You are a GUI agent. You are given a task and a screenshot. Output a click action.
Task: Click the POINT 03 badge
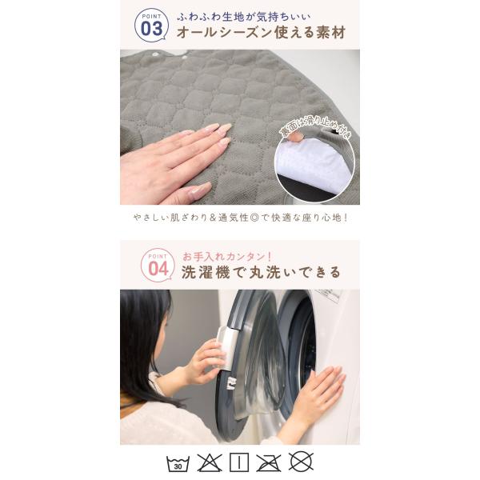151,25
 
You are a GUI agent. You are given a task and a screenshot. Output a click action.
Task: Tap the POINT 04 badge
158,265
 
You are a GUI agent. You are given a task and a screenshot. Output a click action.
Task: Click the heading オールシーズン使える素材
261,33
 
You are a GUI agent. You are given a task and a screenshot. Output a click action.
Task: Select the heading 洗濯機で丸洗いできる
261,272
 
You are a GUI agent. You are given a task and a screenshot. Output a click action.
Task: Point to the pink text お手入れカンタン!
227,257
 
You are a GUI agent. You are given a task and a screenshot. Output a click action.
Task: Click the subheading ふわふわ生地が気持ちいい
244,17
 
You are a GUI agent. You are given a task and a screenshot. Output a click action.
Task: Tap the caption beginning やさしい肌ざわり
241,218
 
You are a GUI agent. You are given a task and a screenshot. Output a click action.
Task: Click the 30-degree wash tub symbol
178,463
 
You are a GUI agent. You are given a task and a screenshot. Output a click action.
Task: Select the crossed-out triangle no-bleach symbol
210,463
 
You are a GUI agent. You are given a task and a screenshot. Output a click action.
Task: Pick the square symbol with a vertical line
239,462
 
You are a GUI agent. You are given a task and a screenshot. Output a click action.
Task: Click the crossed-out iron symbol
269,463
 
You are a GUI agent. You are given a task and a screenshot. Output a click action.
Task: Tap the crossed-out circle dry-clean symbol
301,462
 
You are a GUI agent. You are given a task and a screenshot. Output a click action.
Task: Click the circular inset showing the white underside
315,166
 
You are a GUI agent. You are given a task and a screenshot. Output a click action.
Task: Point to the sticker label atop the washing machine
329,294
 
